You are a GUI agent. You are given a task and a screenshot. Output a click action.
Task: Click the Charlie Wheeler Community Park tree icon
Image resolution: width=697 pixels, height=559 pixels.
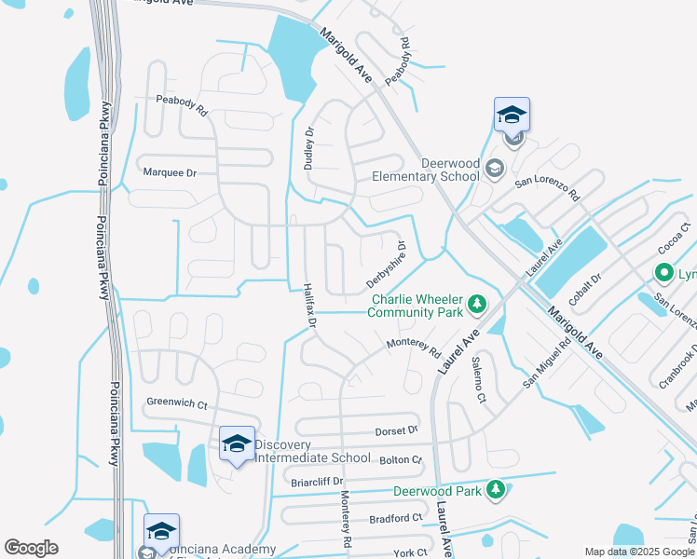(x=477, y=304)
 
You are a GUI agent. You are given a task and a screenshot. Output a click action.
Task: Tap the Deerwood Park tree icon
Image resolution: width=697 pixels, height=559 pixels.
(x=496, y=489)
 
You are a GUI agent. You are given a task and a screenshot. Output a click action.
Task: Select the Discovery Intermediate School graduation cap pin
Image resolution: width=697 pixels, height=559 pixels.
(x=237, y=443)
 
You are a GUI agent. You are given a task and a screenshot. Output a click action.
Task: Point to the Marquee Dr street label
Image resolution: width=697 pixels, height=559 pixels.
(x=170, y=172)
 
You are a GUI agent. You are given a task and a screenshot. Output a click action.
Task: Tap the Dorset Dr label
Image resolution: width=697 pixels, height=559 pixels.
(x=398, y=430)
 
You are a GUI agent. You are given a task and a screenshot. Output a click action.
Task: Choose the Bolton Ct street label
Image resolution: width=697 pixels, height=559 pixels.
(x=401, y=459)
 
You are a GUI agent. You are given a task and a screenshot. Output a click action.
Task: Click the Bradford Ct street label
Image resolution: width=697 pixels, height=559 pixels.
(x=396, y=518)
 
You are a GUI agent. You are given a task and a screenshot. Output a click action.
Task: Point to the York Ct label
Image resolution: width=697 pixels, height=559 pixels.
(x=409, y=552)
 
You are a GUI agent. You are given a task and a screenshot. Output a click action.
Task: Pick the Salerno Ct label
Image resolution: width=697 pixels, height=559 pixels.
(x=478, y=379)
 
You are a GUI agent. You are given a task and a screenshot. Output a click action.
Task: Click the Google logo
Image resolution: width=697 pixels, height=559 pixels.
(x=31, y=548)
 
